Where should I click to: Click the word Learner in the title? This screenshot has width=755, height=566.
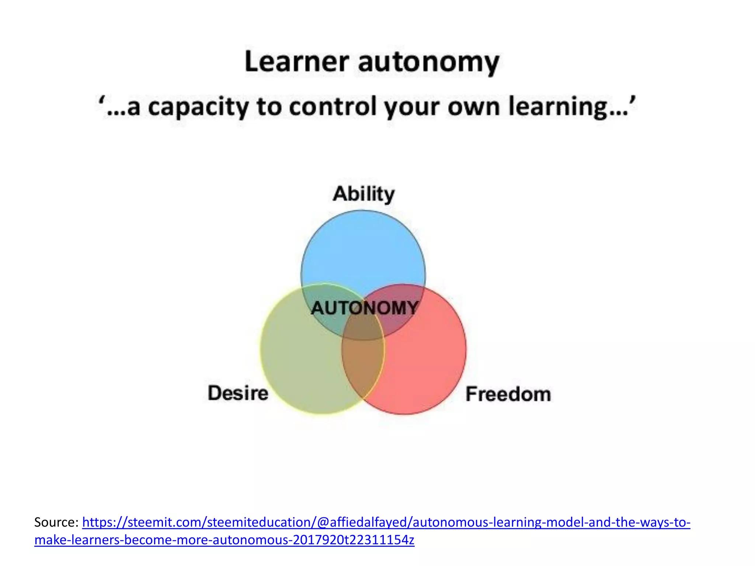296,62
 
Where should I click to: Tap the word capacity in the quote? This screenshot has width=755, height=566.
198,107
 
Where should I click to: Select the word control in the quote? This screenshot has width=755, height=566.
333,107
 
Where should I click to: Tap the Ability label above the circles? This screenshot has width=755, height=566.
363,194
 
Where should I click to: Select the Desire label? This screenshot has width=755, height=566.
238,393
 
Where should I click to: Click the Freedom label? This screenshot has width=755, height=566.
508,394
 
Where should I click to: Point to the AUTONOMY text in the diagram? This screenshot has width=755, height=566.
365,308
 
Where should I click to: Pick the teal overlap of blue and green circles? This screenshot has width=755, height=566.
324,313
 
